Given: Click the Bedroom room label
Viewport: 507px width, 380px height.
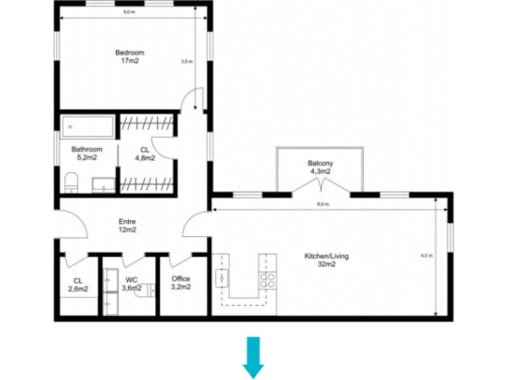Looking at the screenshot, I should pos(129,53).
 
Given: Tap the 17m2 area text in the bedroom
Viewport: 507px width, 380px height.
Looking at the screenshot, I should pos(129,61).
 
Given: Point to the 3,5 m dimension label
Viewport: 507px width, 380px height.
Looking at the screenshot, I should pos(187,61).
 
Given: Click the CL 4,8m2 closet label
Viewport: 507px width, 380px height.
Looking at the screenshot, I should pos(145,154).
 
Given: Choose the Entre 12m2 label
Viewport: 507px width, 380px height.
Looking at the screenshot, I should pos(127,226).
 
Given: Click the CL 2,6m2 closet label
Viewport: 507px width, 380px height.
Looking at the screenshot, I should pos(78,284).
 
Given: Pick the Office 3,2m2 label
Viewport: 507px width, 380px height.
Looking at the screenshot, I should pos(181,282).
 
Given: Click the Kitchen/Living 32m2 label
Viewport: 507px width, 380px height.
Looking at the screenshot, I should pos(326,259).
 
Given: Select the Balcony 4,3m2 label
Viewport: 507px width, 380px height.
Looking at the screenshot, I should pos(320,167).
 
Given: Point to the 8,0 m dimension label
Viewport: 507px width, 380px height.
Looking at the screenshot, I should pos(322,205).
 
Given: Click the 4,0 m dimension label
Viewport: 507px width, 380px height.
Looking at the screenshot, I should pos(426,256).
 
